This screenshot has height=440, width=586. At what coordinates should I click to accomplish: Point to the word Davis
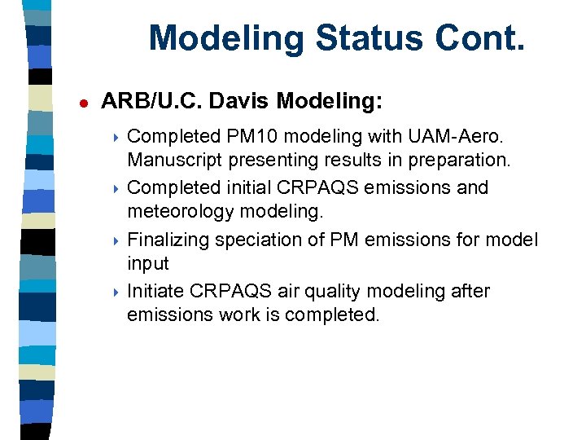239,101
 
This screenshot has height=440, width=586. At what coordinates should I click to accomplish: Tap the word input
148,264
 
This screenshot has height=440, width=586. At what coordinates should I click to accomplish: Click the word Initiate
157,291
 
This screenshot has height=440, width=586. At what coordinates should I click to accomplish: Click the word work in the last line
243,315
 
